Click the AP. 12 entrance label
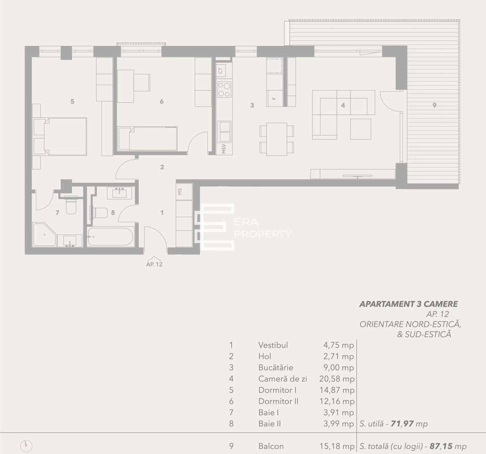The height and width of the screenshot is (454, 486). coord(154,264)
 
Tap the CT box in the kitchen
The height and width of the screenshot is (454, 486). coord(224,70)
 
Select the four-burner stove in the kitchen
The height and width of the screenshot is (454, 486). coord(224,89)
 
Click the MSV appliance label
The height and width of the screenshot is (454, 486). coord(224,149)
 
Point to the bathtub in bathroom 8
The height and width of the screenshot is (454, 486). coord(111,236)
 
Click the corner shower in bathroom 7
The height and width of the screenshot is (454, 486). coord(45,235)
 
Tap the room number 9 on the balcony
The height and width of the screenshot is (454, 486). coord(434,106)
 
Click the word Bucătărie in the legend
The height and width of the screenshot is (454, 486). coord(275,367)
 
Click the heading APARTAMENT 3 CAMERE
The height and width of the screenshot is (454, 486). coord(408,304)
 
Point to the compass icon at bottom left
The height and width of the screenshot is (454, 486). coord(26,446)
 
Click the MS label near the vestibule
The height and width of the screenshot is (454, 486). coord(180,191)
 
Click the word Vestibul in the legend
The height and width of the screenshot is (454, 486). coord(273,345)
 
